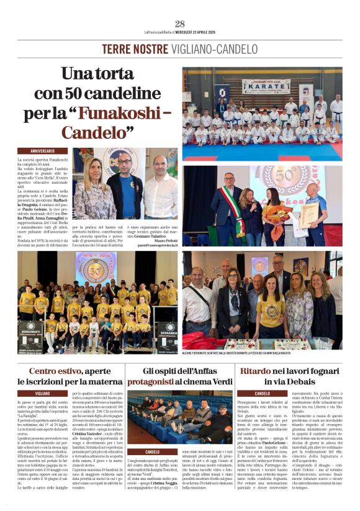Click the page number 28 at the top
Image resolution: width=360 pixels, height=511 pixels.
click(x=180, y=23)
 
